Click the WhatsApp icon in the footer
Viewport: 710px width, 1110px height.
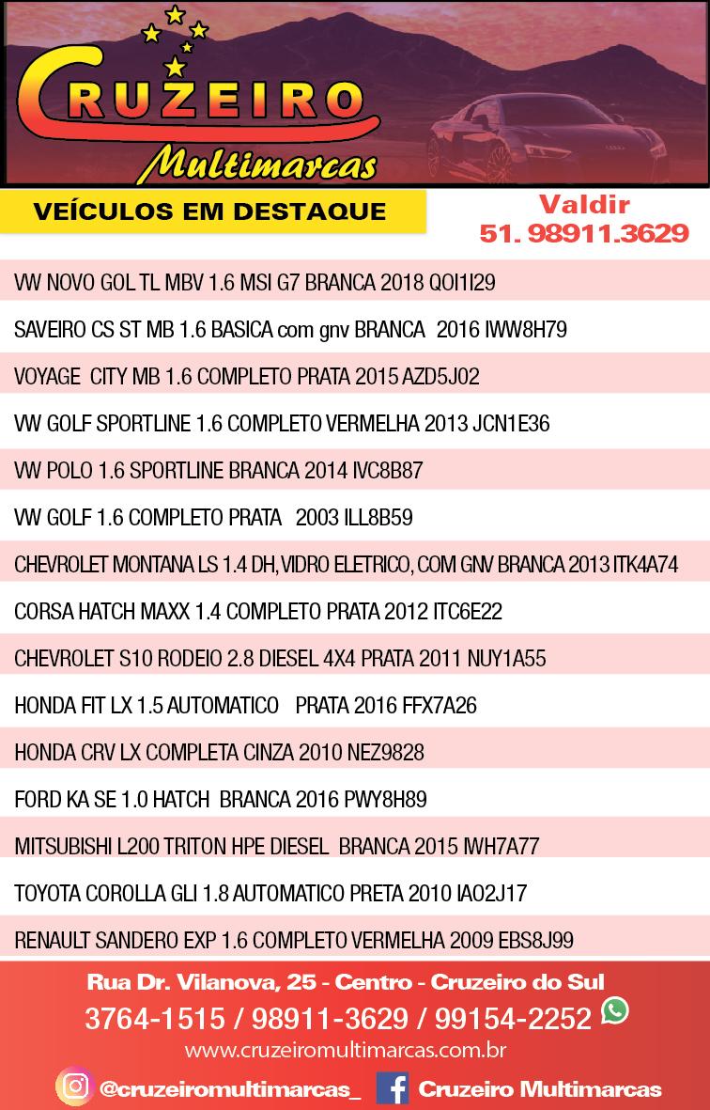(615, 1011)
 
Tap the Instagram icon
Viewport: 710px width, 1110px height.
(73, 1087)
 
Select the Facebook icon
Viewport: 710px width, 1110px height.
(392, 1088)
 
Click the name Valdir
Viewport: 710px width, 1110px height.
(584, 204)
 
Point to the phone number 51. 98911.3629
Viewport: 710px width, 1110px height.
(584, 234)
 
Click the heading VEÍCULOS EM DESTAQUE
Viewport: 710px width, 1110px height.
(209, 211)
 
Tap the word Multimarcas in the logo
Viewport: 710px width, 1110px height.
(255, 164)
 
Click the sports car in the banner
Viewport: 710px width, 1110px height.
(554, 141)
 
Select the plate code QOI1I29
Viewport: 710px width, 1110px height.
(462, 283)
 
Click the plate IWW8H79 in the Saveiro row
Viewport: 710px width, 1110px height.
(526, 330)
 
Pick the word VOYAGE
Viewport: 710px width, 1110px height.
(47, 377)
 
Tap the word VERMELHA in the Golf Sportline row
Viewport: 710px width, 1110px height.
(373, 424)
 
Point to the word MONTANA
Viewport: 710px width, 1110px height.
(149, 565)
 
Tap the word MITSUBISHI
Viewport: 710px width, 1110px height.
(63, 847)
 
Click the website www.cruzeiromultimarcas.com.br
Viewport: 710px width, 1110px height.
(347, 1049)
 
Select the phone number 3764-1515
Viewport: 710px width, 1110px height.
(155, 1019)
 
